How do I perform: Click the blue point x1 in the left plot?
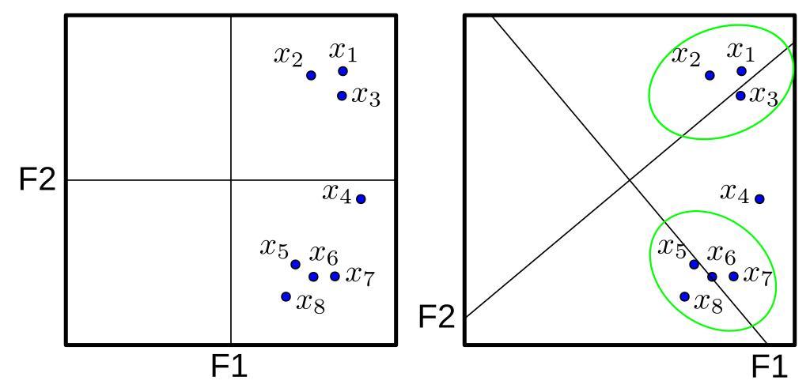pos(343,71)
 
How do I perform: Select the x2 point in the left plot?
pos(311,75)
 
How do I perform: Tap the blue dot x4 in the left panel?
pos(361,198)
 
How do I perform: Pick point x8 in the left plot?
pos(286,296)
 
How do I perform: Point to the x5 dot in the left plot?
pos(296,264)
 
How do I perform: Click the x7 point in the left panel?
pos(335,277)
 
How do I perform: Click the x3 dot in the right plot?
pos(740,96)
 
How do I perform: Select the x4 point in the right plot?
pos(759,198)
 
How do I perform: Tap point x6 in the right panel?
pos(713,277)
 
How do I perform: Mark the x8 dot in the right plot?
pos(685,296)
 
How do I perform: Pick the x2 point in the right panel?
pos(710,75)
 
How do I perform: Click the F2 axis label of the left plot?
pos(37,179)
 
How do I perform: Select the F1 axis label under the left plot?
pos(229,366)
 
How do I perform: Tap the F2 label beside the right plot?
pos(436,317)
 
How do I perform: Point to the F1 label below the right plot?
pos(769,366)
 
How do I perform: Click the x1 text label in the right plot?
pos(740,52)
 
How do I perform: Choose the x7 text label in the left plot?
pos(360,277)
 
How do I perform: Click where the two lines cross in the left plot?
pos(230,180)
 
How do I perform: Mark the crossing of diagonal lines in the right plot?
pos(629,179)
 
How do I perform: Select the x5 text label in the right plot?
pos(672,249)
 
